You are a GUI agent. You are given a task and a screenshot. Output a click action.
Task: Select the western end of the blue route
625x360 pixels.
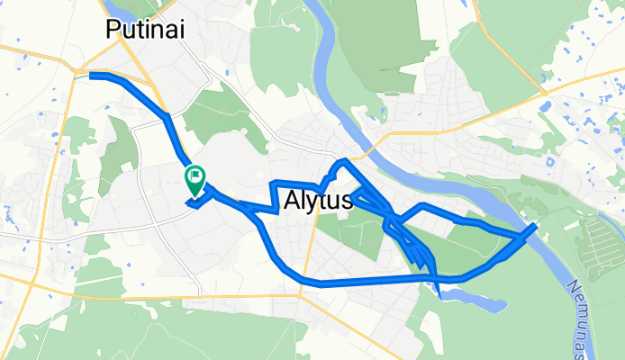(x=92, y=76)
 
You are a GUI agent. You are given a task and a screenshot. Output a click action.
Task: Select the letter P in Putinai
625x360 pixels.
(x=113, y=31)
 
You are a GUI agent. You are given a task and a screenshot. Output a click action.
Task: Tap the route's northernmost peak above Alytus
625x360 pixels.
(x=341, y=160)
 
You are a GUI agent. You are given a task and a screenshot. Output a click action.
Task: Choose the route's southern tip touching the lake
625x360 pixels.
(x=439, y=289)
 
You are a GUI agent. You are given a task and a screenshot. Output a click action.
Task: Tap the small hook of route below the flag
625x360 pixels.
(x=192, y=203)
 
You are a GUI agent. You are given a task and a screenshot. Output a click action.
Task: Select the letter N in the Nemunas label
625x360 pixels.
(x=571, y=286)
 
